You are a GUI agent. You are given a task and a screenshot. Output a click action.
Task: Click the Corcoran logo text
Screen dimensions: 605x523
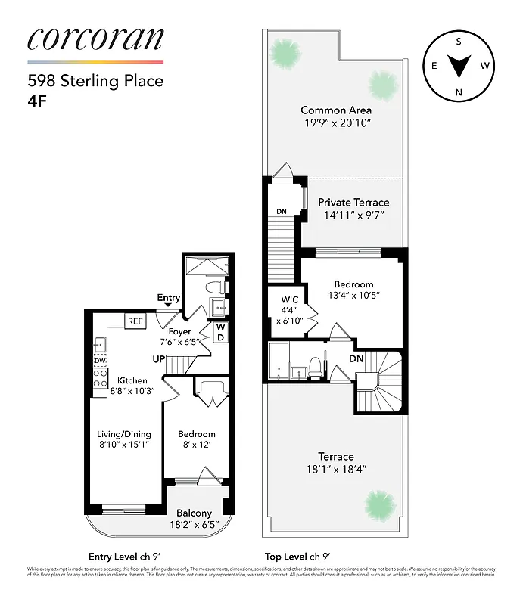[x=95, y=39]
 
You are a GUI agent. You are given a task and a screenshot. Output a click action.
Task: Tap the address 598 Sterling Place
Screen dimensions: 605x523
[x=95, y=81]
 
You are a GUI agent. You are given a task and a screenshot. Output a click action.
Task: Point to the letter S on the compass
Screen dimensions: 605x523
[x=459, y=42]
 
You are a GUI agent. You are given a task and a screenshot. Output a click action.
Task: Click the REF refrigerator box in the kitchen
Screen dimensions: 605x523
[x=135, y=321]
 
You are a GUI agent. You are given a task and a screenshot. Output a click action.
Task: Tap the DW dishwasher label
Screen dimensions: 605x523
[x=99, y=361]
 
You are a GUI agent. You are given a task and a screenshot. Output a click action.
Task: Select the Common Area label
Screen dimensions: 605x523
[x=336, y=110]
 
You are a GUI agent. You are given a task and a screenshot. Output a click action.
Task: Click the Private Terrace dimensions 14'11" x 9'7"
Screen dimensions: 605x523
[x=353, y=215]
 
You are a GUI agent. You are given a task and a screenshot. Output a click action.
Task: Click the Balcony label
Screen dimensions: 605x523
[x=194, y=513]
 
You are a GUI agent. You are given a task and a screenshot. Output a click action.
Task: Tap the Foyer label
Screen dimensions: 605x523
[x=179, y=331]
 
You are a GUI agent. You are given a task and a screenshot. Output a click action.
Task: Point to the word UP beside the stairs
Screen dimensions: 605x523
[x=158, y=358]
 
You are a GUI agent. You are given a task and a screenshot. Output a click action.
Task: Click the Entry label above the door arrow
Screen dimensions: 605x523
[x=168, y=298]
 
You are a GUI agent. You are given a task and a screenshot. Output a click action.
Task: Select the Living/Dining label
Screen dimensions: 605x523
[x=124, y=434]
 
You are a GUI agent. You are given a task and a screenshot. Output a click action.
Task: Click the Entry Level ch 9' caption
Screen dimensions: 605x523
[x=125, y=555]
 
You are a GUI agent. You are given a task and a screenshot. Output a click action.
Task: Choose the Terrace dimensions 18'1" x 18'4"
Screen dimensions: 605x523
[x=336, y=469]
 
